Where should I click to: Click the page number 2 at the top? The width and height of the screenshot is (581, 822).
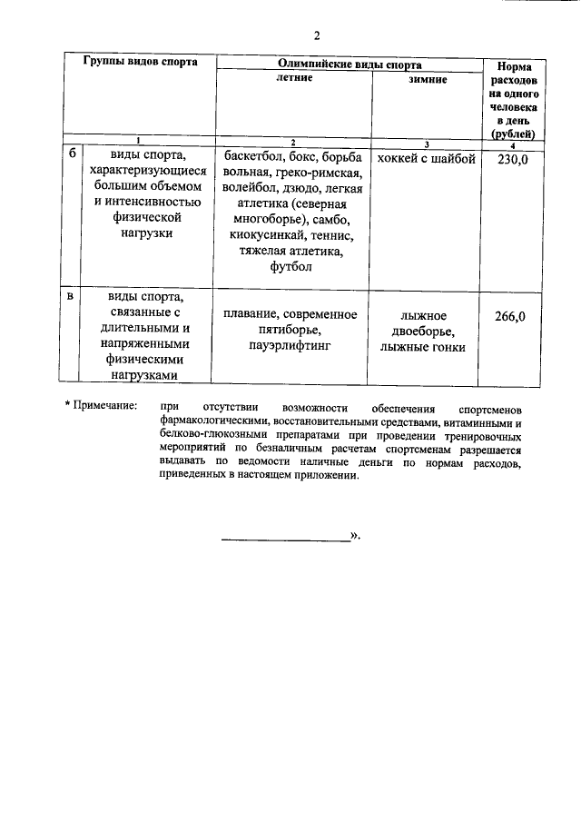click(317, 36)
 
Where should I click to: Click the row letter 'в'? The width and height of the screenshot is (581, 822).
click(72, 297)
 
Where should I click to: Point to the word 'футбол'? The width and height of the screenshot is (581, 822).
click(291, 267)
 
